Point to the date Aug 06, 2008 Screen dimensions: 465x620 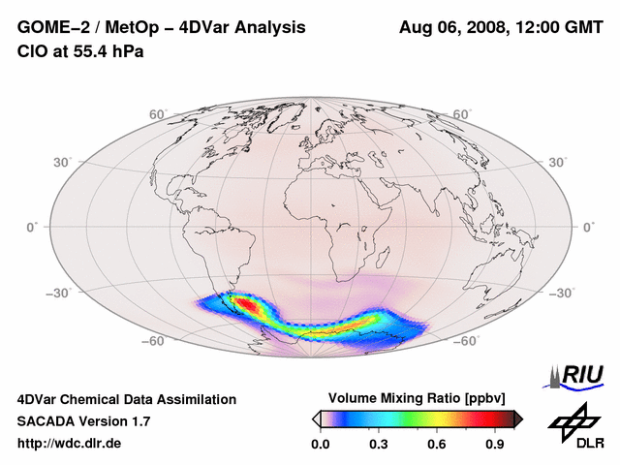451,28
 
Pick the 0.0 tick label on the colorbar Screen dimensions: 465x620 320,445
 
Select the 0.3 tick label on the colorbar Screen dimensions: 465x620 379,445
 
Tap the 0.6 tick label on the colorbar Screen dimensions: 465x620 437,445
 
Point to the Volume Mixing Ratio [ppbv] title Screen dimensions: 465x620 418,398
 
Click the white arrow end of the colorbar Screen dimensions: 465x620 316,418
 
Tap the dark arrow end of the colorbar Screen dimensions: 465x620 518,418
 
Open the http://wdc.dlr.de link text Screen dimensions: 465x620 70,444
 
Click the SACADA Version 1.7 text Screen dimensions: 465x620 83,421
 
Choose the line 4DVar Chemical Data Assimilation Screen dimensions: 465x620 126,399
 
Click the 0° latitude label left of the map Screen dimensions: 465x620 32,227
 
